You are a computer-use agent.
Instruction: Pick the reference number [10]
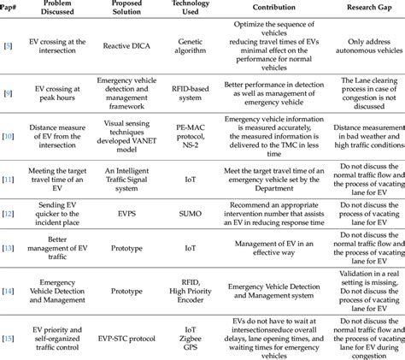click(9, 137)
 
